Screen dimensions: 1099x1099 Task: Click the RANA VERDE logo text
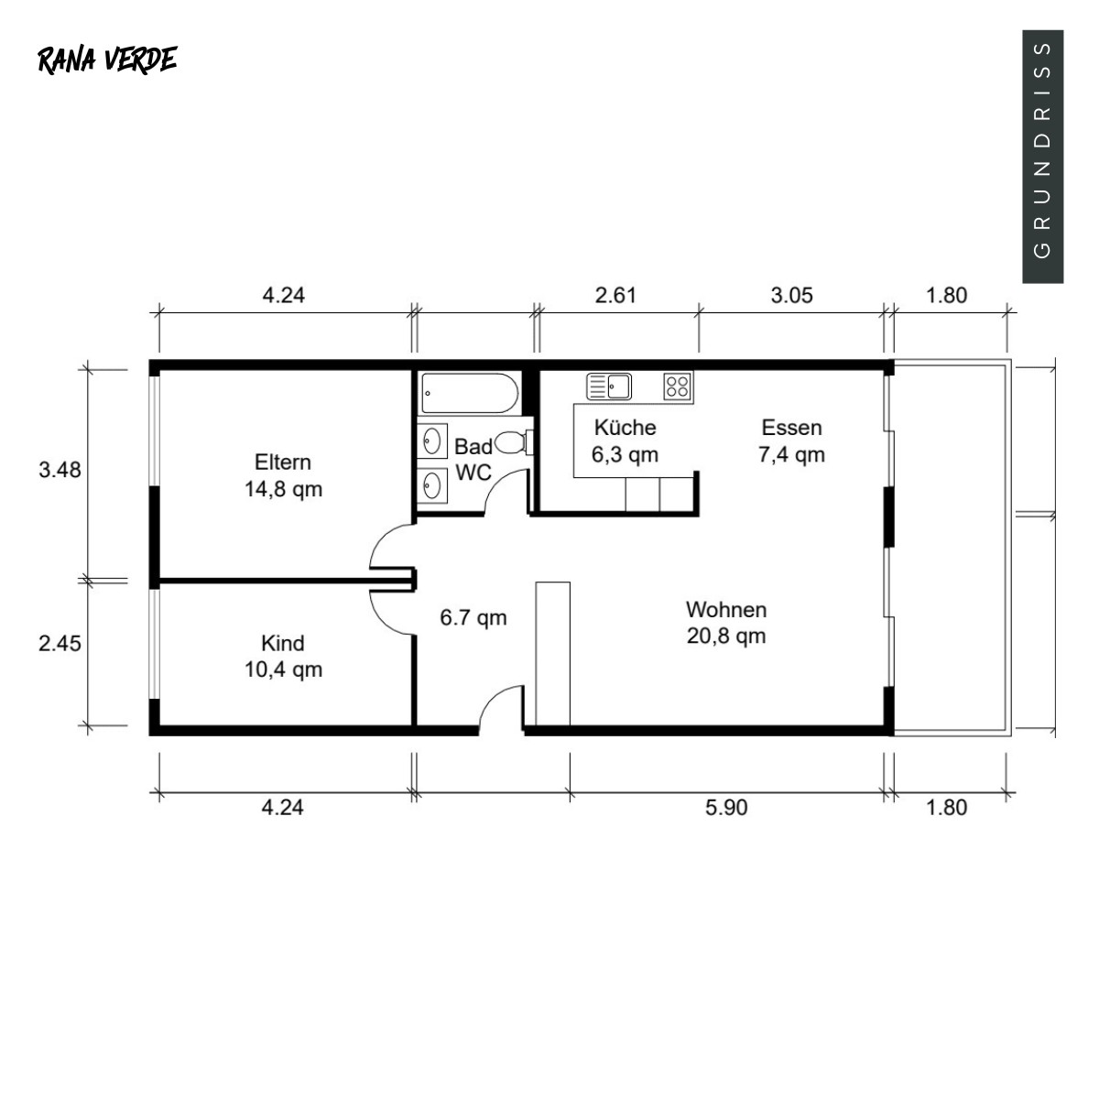click(x=107, y=60)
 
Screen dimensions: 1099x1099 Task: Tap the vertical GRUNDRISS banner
click(x=1042, y=157)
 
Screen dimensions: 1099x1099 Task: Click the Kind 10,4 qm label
click(x=283, y=656)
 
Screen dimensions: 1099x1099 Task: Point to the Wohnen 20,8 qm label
click(x=726, y=622)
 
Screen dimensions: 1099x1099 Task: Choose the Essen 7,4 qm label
click(x=791, y=441)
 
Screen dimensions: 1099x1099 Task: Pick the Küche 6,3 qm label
click(x=626, y=441)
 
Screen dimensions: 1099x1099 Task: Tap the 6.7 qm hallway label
click(x=473, y=617)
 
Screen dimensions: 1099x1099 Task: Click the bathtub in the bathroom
click(x=470, y=393)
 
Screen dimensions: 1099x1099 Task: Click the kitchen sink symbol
click(x=609, y=386)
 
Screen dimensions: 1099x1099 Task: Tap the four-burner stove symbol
click(x=678, y=386)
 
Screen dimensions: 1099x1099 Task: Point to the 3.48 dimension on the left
click(x=60, y=470)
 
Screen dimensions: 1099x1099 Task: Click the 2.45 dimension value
click(x=60, y=643)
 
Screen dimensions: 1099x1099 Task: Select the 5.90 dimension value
click(x=726, y=808)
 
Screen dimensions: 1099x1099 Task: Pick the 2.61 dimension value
click(x=615, y=296)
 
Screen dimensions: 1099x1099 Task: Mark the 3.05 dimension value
click(x=791, y=296)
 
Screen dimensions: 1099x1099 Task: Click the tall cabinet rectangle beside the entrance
click(x=552, y=654)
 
